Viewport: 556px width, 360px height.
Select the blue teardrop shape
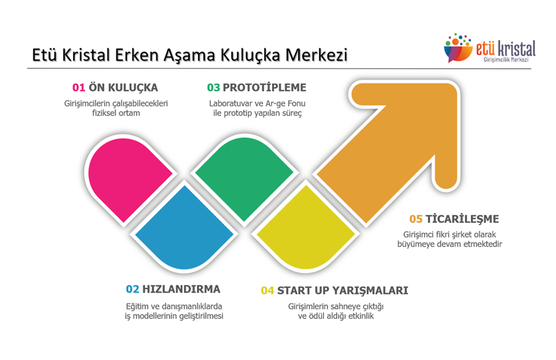[184, 229]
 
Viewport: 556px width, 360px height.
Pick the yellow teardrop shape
[305, 229]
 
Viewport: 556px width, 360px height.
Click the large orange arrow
[394, 149]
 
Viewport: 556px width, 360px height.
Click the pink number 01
[78, 88]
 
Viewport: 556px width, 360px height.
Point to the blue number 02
[133, 289]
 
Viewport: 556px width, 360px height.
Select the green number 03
[213, 88]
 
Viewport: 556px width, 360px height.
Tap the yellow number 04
[268, 291]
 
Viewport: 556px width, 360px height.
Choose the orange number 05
[416, 219]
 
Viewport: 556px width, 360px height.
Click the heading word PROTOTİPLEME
[264, 88]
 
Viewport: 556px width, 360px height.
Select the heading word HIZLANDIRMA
[181, 289]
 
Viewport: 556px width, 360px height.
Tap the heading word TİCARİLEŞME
[462, 219]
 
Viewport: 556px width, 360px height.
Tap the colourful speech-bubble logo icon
[458, 48]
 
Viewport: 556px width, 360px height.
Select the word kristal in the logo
[516, 49]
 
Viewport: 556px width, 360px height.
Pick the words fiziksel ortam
[116, 113]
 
